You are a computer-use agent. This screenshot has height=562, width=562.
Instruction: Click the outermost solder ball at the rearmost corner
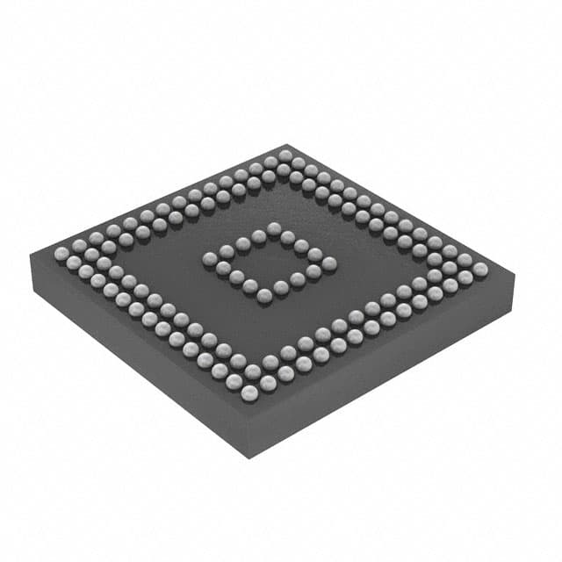click(x=285, y=155)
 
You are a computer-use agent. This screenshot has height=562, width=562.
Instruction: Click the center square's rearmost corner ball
click(x=274, y=228)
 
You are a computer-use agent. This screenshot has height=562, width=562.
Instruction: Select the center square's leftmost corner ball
click(x=210, y=258)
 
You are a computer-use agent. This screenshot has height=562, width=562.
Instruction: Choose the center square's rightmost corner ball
click(x=329, y=263)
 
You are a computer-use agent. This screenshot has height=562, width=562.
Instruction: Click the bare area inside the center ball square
click(x=269, y=261)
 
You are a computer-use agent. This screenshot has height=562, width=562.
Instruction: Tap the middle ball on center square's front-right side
click(x=298, y=279)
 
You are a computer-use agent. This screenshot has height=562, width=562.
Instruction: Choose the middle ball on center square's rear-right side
click(x=302, y=246)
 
